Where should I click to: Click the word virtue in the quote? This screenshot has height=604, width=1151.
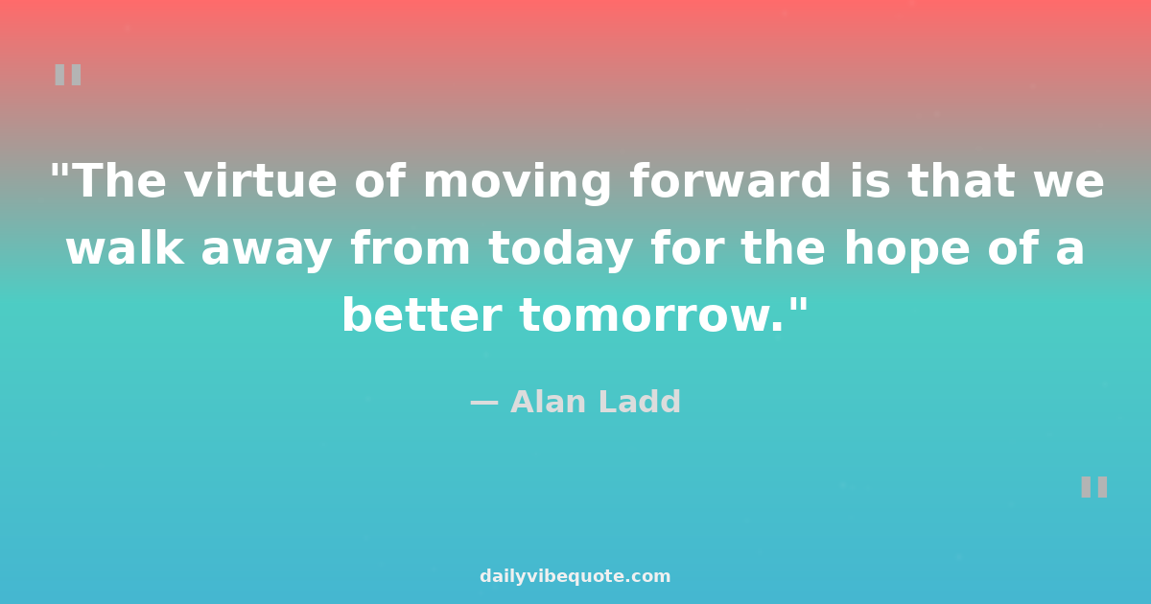tap(261, 180)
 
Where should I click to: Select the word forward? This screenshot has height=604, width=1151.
tap(730, 180)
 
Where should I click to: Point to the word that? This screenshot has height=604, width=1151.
tap(961, 180)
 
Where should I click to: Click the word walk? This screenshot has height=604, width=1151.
tap(125, 246)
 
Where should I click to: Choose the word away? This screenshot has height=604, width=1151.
tap(267, 251)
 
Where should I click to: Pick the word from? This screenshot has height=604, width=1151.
tap(411, 246)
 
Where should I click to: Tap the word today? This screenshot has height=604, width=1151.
tap(560, 250)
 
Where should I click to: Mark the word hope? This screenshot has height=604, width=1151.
tap(907, 250)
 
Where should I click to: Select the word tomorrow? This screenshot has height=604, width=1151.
tap(651, 314)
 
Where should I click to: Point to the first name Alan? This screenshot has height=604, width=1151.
tap(548, 401)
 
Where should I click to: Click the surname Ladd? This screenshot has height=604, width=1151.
tap(640, 401)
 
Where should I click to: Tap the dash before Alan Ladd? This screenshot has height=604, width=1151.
tap(484, 404)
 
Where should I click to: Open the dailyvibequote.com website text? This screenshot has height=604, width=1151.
tap(575, 576)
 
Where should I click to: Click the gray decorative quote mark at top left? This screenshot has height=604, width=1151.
tap(68, 75)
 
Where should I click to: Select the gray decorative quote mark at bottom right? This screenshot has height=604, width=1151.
tap(1094, 487)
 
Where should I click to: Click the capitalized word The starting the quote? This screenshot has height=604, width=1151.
tap(121, 180)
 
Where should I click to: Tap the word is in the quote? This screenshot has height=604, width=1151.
tap(869, 180)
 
